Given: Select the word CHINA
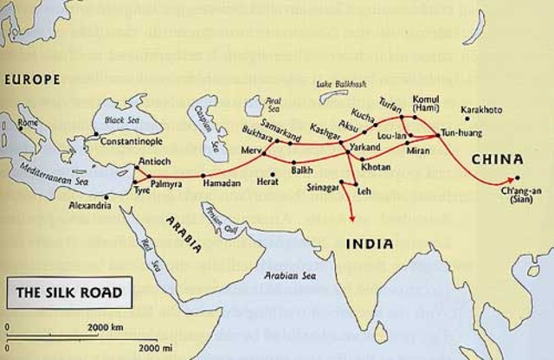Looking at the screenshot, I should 497,159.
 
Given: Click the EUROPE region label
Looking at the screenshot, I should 32,80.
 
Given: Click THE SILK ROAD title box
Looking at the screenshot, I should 64,292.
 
